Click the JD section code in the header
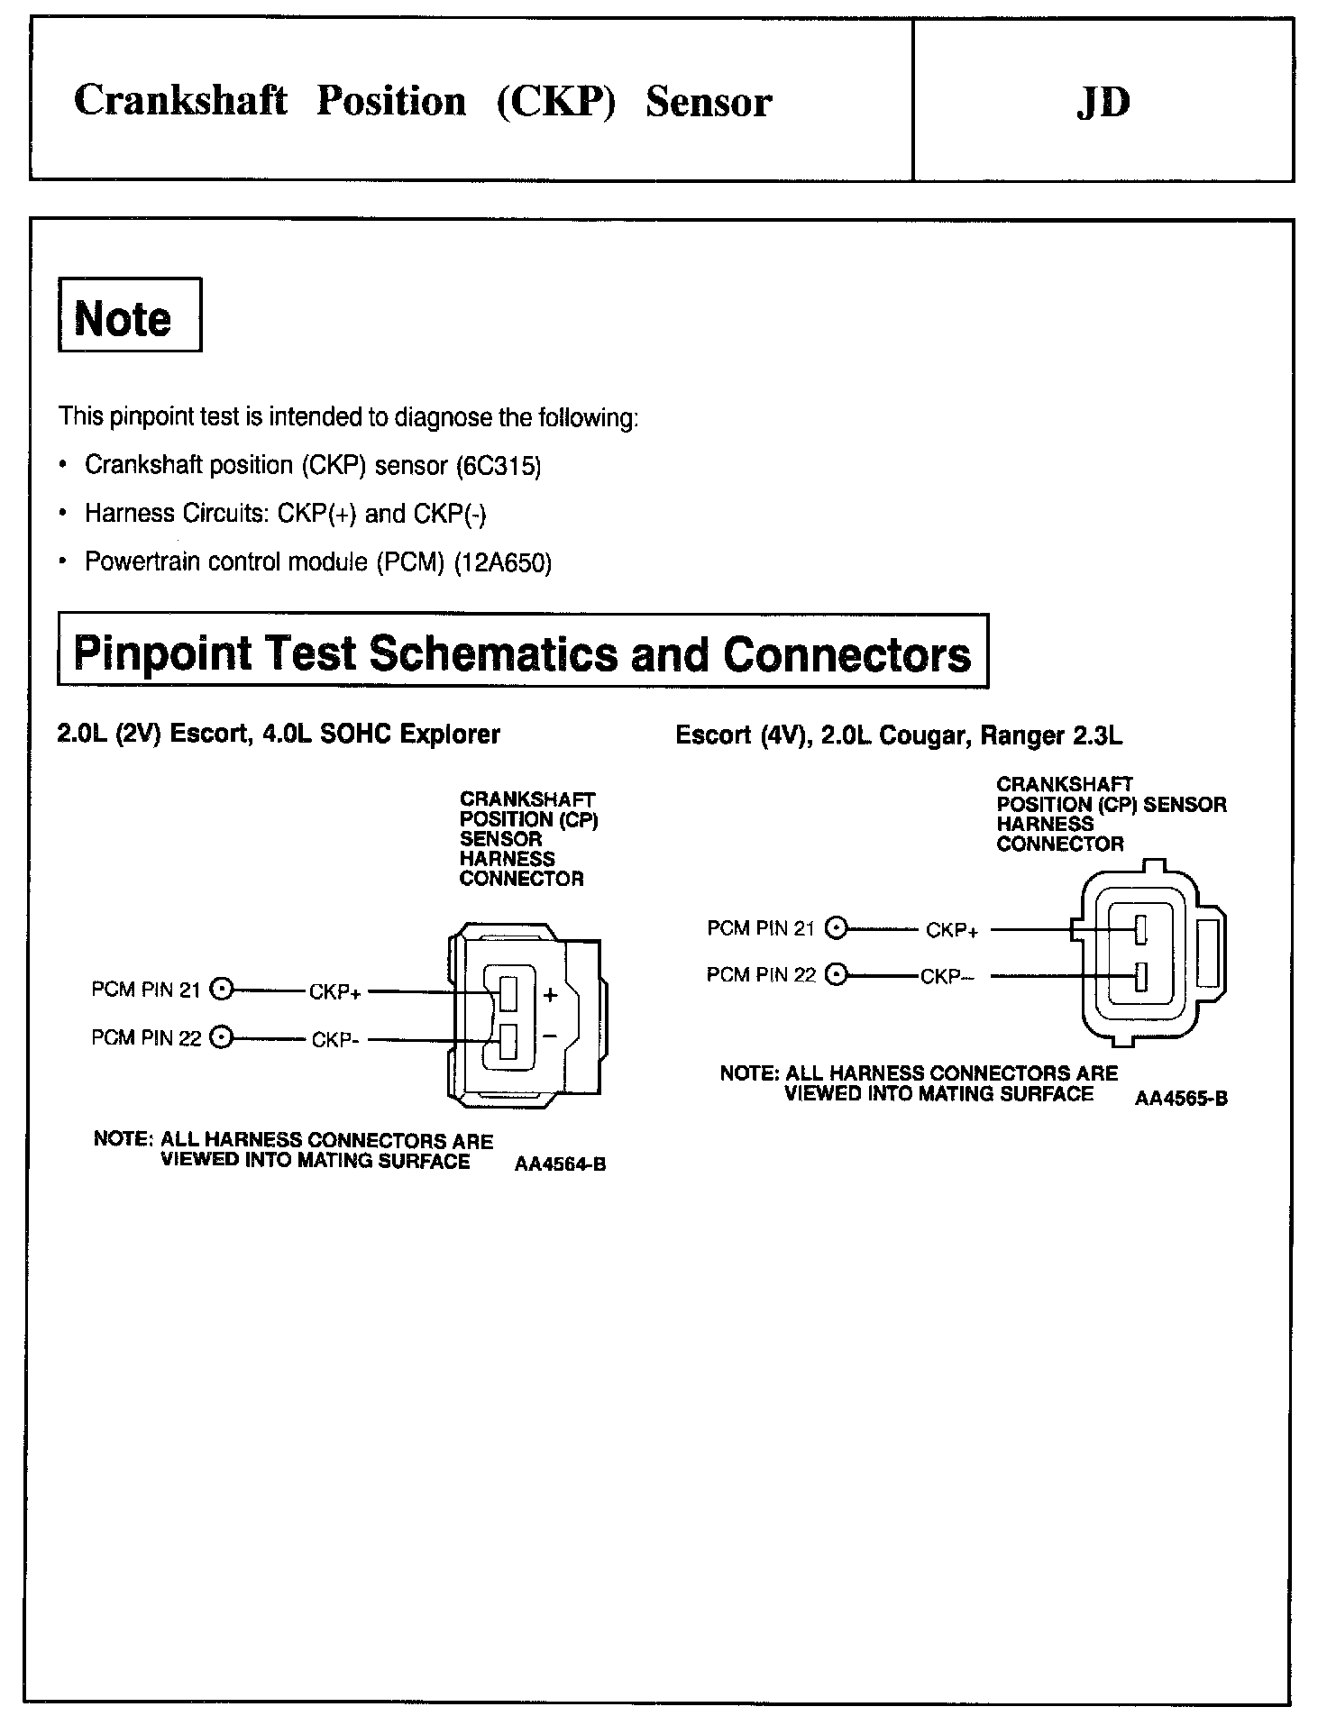pyautogui.click(x=1103, y=102)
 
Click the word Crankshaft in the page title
pyautogui.click(x=180, y=101)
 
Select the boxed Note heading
pyautogui.click(x=129, y=316)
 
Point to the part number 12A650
pyautogui.click(x=503, y=562)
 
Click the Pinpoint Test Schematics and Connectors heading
pyautogui.click(x=523, y=652)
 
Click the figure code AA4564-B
pyautogui.click(x=560, y=1164)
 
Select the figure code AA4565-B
pyautogui.click(x=1181, y=1099)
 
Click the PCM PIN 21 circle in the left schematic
pyautogui.click(x=220, y=990)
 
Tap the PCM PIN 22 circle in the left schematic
pyautogui.click(x=220, y=1037)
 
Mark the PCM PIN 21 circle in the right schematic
pyautogui.click(x=837, y=928)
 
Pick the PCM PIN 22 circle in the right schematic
pyautogui.click(x=837, y=975)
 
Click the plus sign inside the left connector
pyautogui.click(x=551, y=995)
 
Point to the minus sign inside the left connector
pyautogui.click(x=551, y=1035)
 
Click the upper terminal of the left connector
pyautogui.click(x=508, y=992)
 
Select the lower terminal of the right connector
pyautogui.click(x=1140, y=976)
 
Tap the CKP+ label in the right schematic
pyautogui.click(x=951, y=931)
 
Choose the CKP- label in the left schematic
pyautogui.click(x=335, y=1040)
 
